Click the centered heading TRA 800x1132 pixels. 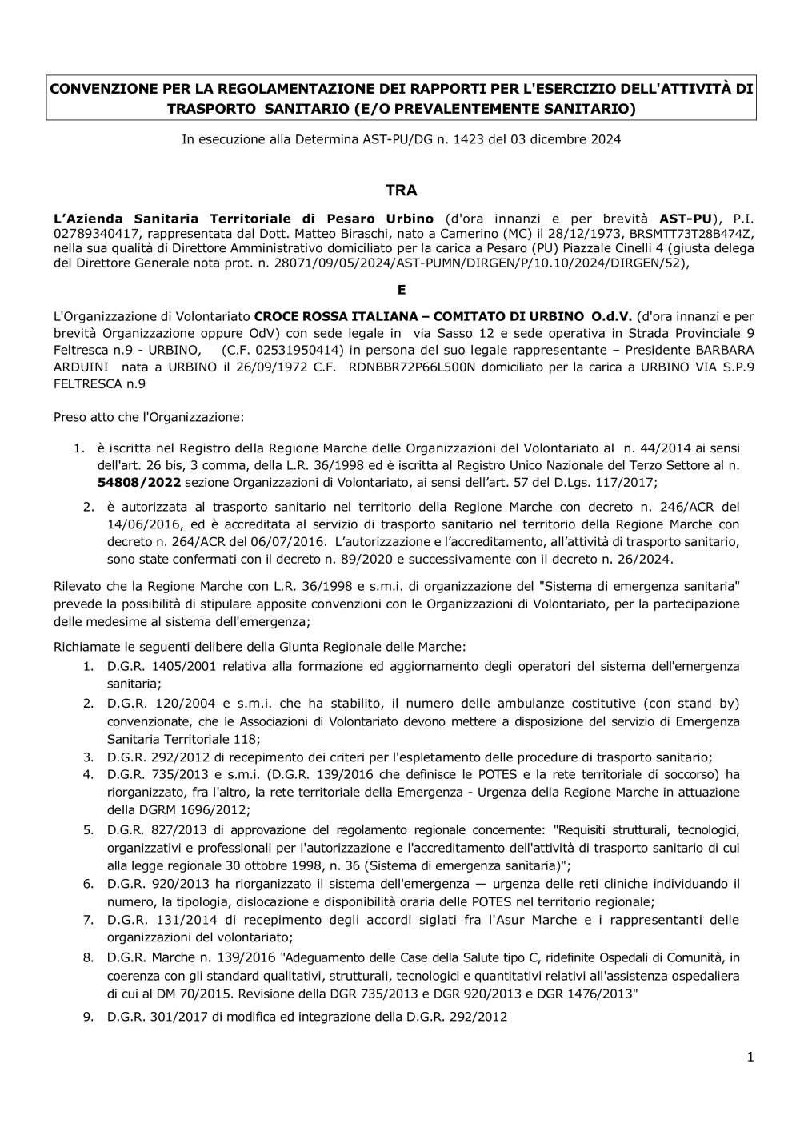[401, 191]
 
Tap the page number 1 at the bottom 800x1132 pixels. [750, 1058]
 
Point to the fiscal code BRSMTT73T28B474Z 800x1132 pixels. [693, 234]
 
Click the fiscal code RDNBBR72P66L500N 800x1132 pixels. [413, 367]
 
